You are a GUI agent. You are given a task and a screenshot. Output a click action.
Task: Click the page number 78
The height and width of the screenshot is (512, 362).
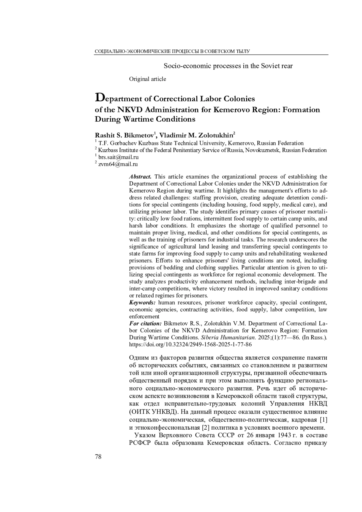click(98, 456)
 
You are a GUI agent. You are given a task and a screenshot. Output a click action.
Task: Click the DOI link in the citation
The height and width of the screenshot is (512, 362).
click(190, 344)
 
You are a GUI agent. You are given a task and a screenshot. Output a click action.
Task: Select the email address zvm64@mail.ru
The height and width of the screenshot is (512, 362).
click(118, 164)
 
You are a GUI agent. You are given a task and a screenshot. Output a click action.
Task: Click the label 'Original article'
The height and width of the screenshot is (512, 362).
click(148, 79)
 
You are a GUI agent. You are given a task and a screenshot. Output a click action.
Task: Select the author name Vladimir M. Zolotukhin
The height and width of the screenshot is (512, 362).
click(196, 135)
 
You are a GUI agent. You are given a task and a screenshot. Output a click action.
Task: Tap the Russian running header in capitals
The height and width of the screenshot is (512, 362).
click(172, 52)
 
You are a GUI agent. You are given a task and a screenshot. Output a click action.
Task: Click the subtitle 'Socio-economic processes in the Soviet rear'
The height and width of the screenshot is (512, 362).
click(228, 66)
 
